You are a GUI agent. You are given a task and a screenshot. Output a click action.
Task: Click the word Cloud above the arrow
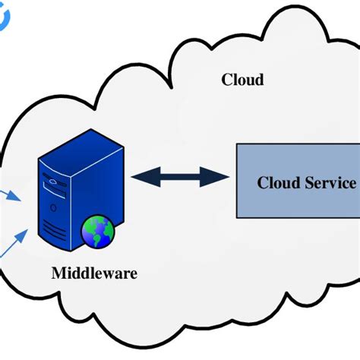tap(242, 80)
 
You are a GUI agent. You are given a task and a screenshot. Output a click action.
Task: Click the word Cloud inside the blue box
tap(276, 183)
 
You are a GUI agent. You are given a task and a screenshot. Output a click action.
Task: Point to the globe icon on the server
tap(98, 231)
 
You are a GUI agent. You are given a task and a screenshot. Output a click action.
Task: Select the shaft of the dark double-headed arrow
tap(181, 177)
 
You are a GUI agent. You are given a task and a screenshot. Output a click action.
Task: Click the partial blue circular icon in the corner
tap(4, 17)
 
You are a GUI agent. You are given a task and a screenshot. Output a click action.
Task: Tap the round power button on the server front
tap(52, 206)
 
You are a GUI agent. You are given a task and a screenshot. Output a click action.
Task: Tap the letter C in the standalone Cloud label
tap(226, 80)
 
